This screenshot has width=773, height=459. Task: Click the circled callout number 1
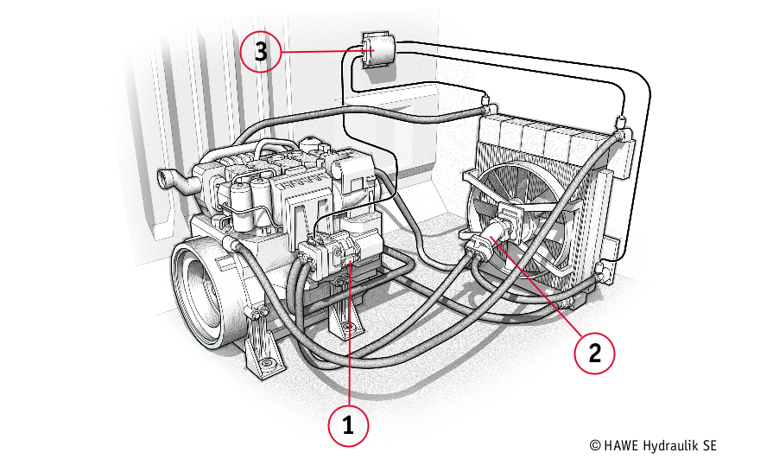pyautogui.click(x=348, y=425)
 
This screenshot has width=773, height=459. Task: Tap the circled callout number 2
pyautogui.click(x=594, y=353)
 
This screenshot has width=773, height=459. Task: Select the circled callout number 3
pyautogui.click(x=261, y=51)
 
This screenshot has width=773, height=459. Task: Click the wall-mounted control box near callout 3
pyautogui.click(x=378, y=50)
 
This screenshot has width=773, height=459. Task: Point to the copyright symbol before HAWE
pyautogui.click(x=595, y=446)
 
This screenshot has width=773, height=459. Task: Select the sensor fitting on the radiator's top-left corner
pyautogui.click(x=487, y=104)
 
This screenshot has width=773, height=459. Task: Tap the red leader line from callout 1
pyautogui.click(x=349, y=335)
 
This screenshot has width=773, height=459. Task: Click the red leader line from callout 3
pyautogui.click(x=323, y=51)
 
